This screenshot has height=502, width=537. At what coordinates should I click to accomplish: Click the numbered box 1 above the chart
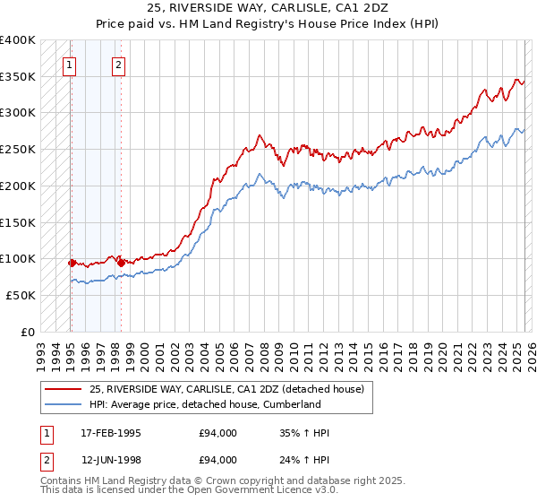pos(70,64)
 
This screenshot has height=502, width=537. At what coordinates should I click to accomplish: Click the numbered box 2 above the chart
pos(118,64)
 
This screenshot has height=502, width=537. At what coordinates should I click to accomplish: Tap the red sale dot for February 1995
pos(71,263)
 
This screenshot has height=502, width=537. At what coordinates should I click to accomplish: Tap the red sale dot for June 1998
pos(121,263)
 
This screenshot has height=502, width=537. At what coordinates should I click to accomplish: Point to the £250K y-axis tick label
pos(18,149)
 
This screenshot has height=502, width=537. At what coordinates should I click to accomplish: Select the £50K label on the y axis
pos(21,295)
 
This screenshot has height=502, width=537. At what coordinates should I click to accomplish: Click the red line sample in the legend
pos(63,390)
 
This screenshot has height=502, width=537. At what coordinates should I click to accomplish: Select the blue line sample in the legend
pos(63,404)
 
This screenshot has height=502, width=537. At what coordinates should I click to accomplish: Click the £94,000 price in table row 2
pos(218,460)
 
